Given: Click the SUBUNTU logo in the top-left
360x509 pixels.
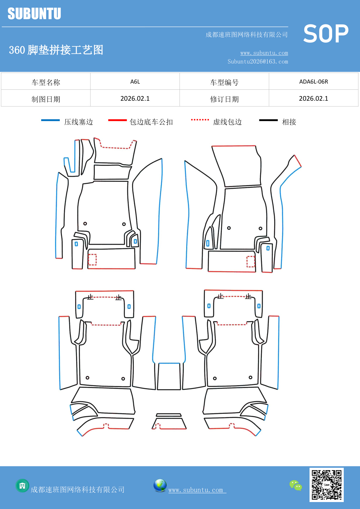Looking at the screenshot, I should (34, 14).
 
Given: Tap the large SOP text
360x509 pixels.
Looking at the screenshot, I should (325, 34).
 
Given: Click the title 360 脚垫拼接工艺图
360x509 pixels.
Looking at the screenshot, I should (56, 50).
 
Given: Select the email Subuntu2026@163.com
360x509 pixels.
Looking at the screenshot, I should (258, 62).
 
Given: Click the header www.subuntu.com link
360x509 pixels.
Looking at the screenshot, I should (264, 53).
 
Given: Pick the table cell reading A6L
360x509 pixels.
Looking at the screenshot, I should (135, 82).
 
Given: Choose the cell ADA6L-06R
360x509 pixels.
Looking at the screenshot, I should (313, 82).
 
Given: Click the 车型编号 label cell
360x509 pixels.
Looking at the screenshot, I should (224, 82).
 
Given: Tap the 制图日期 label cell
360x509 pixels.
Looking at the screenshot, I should (46, 99).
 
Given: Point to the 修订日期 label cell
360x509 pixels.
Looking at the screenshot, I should (224, 99).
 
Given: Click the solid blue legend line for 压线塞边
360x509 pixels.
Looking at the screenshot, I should (50, 120).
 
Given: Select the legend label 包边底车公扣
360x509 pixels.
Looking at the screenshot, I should (151, 122).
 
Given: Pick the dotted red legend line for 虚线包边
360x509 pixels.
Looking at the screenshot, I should (200, 120).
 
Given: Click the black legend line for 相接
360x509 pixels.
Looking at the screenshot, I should (268, 120).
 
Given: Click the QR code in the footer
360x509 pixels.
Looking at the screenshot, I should (326, 485).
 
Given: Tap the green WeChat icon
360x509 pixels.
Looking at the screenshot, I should (296, 485).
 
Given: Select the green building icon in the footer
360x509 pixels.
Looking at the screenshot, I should (22, 485).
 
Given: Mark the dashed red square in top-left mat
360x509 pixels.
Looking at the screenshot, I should (92, 259).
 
